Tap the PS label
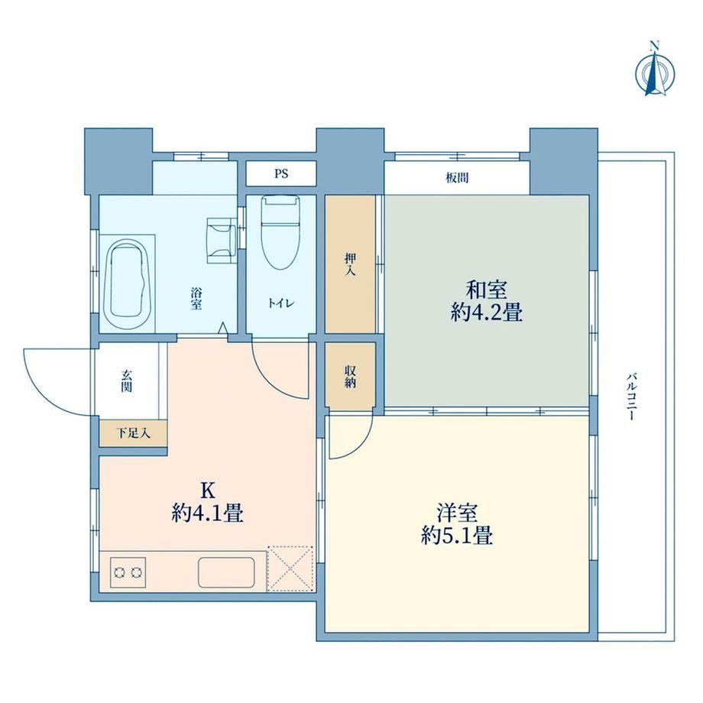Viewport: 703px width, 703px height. (281, 173)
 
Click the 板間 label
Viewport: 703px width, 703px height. (457, 178)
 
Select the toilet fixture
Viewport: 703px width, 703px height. (280, 232)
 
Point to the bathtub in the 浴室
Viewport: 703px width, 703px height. (126, 285)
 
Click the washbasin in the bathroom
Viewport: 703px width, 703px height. (222, 240)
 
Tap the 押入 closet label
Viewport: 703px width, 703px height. (350, 264)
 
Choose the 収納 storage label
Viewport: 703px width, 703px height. (350, 377)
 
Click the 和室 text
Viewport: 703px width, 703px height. (487, 290)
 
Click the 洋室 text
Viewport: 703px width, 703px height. (457, 513)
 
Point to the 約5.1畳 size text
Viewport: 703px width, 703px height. (457, 536)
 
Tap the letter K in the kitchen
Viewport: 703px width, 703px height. (207, 491)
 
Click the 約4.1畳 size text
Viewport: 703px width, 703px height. (207, 513)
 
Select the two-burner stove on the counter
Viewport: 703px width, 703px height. (128, 572)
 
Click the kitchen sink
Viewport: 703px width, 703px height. (226, 572)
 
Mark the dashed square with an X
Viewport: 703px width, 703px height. (290, 569)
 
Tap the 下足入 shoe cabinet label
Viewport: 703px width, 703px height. (133, 433)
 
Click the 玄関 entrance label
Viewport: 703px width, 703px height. (126, 381)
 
